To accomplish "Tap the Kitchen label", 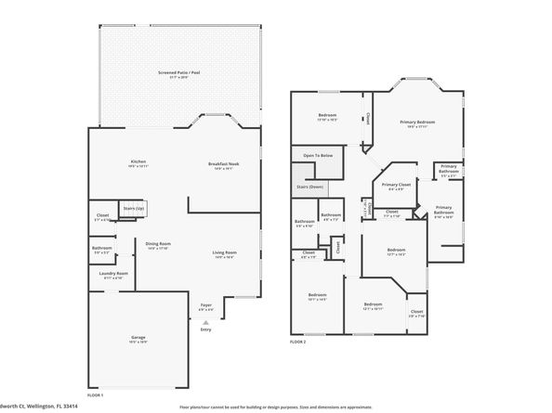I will [138, 161].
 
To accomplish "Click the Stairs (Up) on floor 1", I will [134, 209].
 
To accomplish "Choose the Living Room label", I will [224, 252].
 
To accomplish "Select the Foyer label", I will [205, 306].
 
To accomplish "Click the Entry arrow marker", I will [205, 322].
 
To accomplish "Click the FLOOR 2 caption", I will [297, 342].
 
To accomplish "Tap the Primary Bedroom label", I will [417, 123].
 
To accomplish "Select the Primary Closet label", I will [396, 185].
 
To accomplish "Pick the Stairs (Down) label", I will [309, 187].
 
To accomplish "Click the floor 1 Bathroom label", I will [102, 248].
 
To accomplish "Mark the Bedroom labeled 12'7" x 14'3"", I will [397, 250].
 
